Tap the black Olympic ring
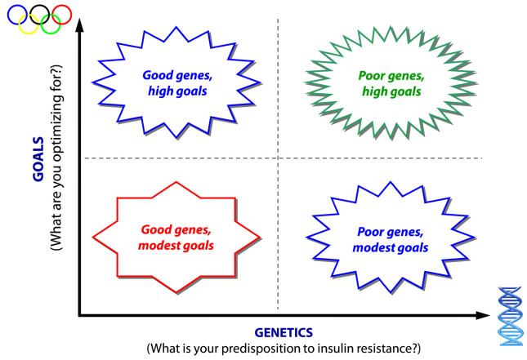[x=40, y=5]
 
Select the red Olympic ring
[x=71, y=15]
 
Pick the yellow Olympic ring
[x=29, y=33]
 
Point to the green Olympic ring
[x=51, y=33]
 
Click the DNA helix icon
[x=511, y=317]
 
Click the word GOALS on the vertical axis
[x=38, y=159]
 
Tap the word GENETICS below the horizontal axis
[x=284, y=333]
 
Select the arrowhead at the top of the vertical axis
[x=79, y=25]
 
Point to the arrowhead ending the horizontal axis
[x=483, y=315]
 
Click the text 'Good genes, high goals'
[x=177, y=83]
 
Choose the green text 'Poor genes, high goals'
[x=391, y=83]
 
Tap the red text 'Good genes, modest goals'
[x=176, y=238]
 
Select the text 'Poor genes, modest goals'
[x=391, y=239]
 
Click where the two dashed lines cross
[x=278, y=158]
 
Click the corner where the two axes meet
[x=79, y=315]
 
